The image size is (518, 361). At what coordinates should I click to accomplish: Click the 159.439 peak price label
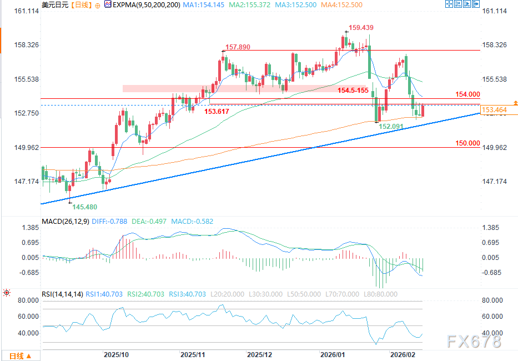(361, 27)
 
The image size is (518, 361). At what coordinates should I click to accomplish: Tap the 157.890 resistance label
(238, 47)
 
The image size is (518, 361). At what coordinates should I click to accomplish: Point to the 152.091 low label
(391, 127)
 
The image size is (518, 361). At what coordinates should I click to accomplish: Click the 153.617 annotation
(218, 112)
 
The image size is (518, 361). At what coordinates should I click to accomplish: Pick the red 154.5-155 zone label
(354, 90)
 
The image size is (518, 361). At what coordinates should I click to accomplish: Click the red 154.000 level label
(467, 94)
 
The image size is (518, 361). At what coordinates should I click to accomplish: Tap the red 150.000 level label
(467, 143)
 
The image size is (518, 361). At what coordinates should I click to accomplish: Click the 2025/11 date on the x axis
(193, 354)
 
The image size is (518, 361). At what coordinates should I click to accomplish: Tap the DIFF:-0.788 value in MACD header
(110, 220)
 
